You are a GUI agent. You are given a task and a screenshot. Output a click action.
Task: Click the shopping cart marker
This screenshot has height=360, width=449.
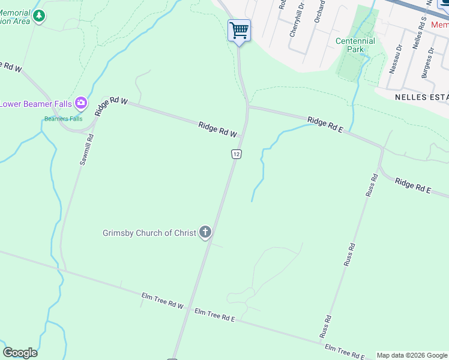click(239, 30)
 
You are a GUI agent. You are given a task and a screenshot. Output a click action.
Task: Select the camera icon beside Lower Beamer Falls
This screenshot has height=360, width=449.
click(81, 104)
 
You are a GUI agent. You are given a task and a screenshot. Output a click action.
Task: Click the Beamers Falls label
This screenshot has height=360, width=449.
click(63, 119)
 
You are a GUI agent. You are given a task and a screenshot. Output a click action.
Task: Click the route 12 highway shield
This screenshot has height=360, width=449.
click(237, 154)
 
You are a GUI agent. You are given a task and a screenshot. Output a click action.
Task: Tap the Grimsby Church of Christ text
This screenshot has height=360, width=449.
click(149, 233)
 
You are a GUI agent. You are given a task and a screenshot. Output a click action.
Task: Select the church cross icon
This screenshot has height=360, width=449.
click(205, 232)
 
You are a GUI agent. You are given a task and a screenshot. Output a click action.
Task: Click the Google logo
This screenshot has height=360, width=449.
click(20, 353)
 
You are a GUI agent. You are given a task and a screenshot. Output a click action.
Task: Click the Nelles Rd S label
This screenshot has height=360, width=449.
click(417, 33)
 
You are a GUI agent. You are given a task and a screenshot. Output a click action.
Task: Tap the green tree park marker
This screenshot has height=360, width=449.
click(39, 16)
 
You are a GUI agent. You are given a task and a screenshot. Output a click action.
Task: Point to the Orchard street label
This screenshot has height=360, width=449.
click(319, 12)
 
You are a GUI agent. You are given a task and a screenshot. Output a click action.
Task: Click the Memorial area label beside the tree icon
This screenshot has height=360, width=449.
click(14, 16)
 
